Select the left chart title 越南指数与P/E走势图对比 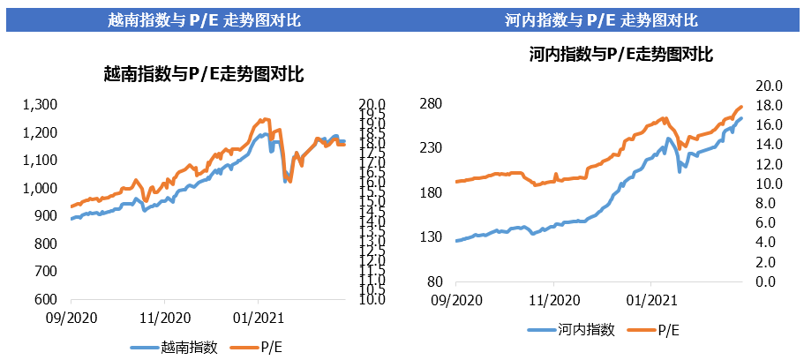(204, 75)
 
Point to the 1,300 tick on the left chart (40, 105)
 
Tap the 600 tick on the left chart (47, 299)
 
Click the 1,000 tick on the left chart (40, 188)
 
